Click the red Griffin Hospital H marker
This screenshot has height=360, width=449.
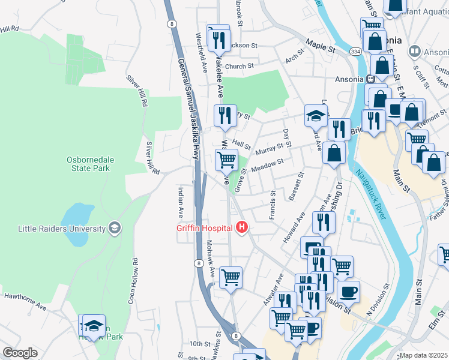point(242,227)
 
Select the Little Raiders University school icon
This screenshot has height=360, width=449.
point(114,227)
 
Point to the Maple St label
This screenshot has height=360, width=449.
point(319,44)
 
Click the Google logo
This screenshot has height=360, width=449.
point(19,353)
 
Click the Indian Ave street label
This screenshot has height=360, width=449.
point(180,203)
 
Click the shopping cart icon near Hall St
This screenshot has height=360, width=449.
point(226,160)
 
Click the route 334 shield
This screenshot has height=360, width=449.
point(356,52)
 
